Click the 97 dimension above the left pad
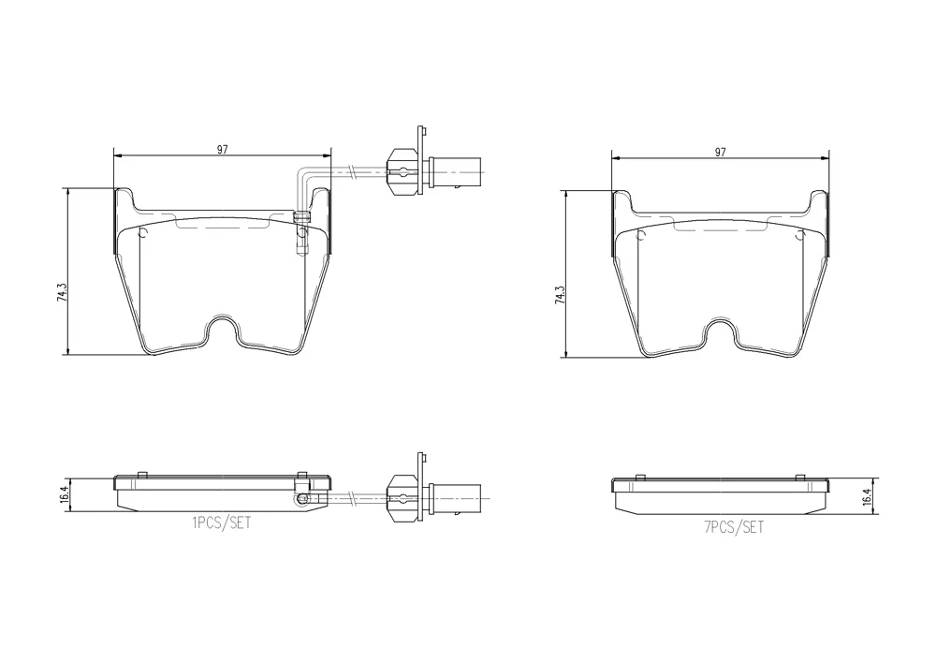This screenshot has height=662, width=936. (x=222, y=149)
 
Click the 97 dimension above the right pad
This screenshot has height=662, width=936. (x=721, y=153)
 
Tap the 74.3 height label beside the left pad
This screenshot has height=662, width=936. (x=62, y=291)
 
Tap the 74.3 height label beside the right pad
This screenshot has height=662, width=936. (x=560, y=296)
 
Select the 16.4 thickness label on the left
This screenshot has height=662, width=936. (x=66, y=495)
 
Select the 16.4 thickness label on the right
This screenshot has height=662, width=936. (x=868, y=497)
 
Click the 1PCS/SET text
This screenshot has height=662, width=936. (x=222, y=522)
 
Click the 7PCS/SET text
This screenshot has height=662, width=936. (x=734, y=527)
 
